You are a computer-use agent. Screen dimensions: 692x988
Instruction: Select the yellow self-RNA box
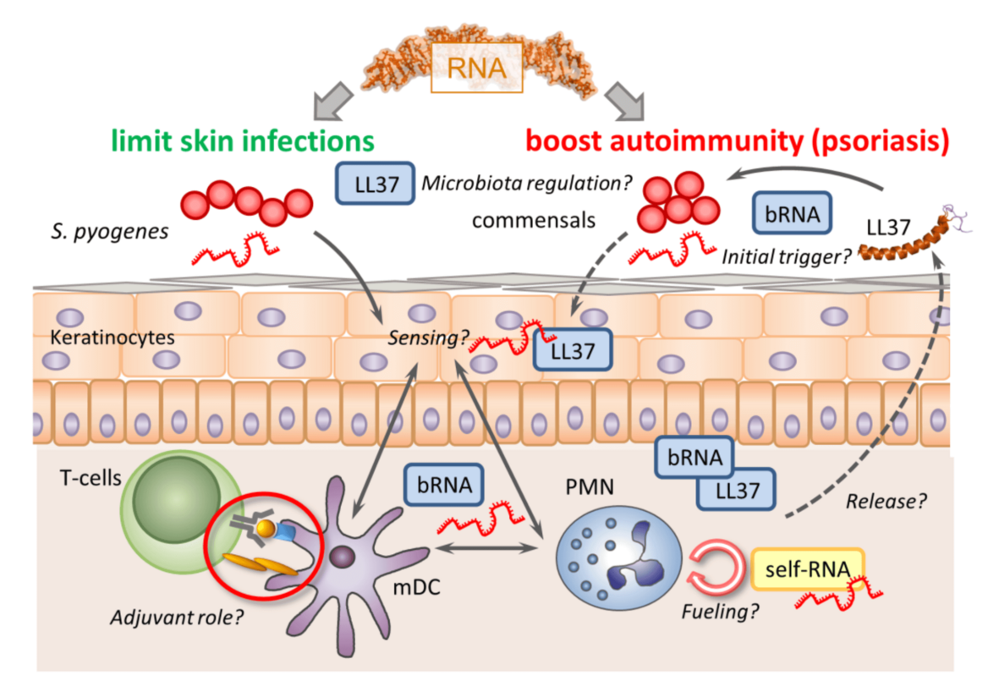(x=795, y=568)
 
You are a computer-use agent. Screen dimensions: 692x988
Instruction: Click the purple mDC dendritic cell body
(x=343, y=558)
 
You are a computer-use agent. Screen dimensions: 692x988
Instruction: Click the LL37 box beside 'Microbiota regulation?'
(x=373, y=184)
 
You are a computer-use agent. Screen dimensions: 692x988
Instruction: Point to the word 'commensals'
(x=534, y=220)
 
